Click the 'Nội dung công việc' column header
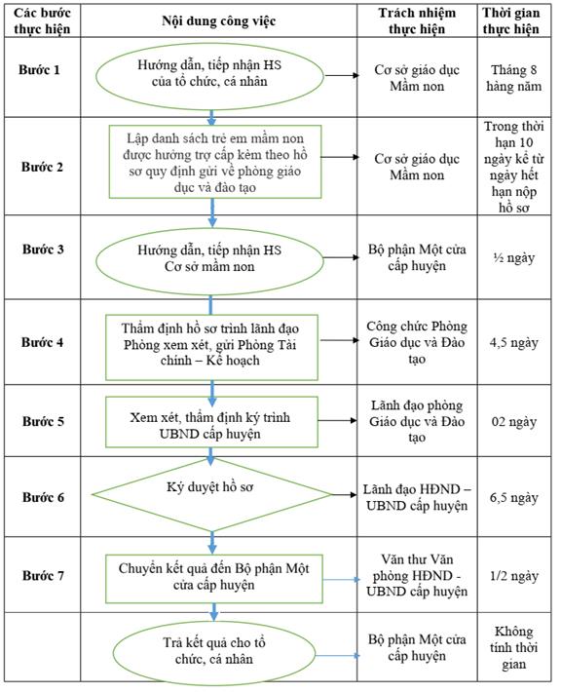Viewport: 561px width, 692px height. tap(219, 20)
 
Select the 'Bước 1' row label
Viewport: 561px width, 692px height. tap(39, 70)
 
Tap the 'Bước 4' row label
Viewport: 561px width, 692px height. tap(42, 342)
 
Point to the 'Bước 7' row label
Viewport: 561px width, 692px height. tap(43, 575)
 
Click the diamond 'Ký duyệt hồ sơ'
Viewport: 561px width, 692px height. tap(211, 495)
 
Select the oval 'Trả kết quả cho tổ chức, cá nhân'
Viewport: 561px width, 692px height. tap(214, 653)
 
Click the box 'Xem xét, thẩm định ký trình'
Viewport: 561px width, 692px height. tap(211, 422)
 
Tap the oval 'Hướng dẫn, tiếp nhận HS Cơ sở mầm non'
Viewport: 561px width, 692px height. tap(210, 258)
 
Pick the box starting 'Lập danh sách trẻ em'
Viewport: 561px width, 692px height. tap(215, 162)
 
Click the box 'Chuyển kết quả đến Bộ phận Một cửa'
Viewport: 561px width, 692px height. tap(214, 579)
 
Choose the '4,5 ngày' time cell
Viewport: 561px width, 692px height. tap(514, 343)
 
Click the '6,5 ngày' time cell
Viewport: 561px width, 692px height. tap(514, 498)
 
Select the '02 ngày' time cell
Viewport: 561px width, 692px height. tap(514, 422)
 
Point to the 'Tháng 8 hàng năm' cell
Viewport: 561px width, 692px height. tap(514, 78)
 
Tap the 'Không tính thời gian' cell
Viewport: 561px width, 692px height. tap(514, 647)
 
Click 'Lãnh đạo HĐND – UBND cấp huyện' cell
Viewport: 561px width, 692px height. tap(417, 497)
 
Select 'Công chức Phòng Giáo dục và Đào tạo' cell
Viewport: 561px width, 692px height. tap(417, 342)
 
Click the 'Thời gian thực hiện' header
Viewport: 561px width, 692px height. tap(510, 20)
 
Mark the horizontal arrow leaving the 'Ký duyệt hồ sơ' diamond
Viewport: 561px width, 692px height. tap(344, 495)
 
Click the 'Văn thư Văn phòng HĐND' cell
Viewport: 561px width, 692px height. tap(417, 575)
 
